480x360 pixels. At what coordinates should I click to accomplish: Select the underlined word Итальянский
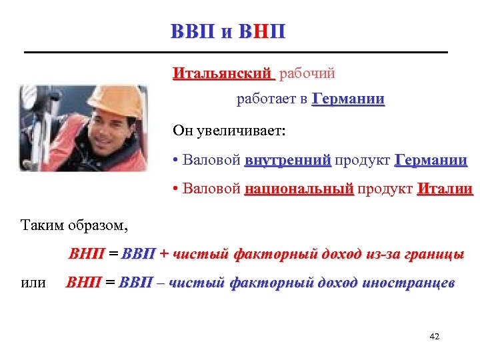tap(223, 73)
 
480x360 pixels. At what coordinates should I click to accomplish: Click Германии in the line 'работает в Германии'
tap(348, 100)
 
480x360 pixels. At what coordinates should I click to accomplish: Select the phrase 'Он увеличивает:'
tap(229, 131)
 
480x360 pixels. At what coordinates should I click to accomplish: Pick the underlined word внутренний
tap(287, 161)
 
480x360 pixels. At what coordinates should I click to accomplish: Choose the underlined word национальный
tap(299, 189)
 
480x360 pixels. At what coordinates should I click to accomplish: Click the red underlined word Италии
tap(445, 189)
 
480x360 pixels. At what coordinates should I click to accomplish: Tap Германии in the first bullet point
tap(431, 161)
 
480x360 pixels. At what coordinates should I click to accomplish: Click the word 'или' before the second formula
tap(33, 283)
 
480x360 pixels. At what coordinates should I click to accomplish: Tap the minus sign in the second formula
tap(161, 283)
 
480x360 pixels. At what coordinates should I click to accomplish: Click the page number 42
tap(435, 337)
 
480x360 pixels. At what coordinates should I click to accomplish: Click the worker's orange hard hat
tap(120, 100)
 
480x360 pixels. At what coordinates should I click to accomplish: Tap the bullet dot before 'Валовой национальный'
tap(175, 190)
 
